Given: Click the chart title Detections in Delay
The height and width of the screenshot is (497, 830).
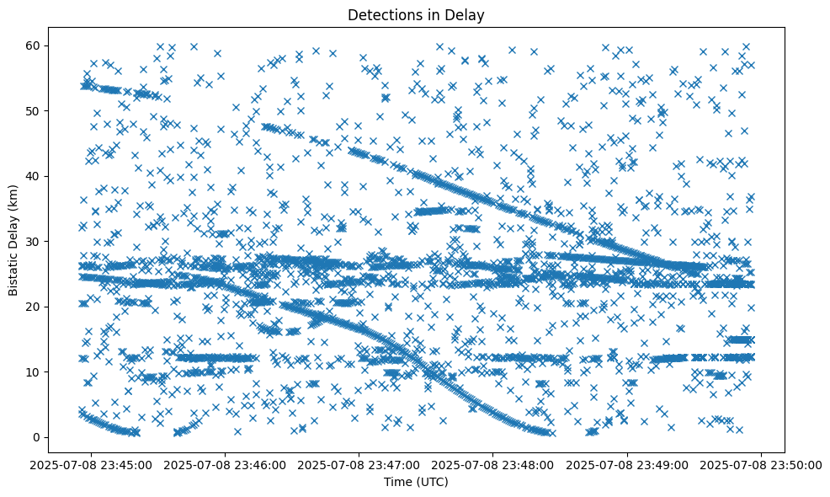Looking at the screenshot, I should pyautogui.click(x=415, y=14).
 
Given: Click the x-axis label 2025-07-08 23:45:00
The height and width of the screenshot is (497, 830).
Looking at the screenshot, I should pyautogui.click(x=93, y=464).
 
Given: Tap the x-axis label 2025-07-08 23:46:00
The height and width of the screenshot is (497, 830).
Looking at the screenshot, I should pyautogui.click(x=226, y=464).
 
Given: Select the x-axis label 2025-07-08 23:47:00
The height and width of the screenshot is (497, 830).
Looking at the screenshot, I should pyautogui.click(x=360, y=464).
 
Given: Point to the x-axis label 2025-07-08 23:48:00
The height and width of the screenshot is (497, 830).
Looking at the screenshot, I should pyautogui.click(x=494, y=464).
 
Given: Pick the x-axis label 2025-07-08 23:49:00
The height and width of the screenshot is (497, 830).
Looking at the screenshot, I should pyautogui.click(x=628, y=464).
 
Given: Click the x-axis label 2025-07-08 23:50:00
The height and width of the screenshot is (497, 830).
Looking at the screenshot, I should pyautogui.click(x=762, y=464).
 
